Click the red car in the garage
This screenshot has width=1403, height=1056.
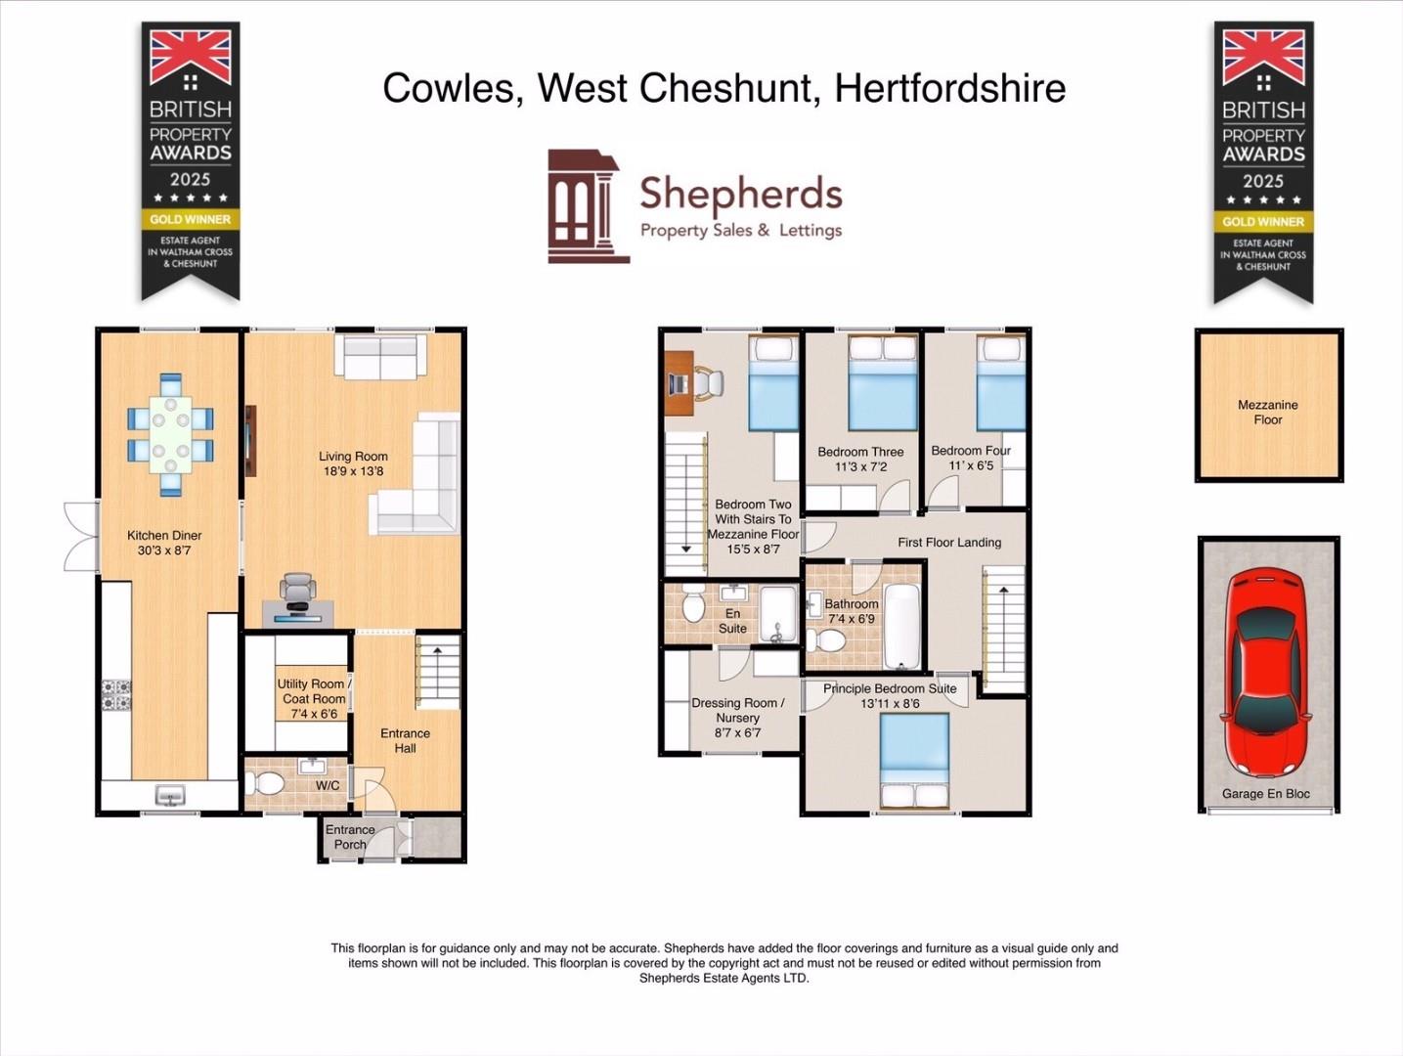pos(1267,674)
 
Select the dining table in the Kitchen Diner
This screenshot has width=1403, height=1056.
pos(170,434)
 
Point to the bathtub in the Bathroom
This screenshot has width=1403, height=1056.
pos(901,626)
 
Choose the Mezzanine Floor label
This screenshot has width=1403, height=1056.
pos(1267,412)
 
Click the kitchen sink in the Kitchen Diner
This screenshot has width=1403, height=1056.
pos(170,796)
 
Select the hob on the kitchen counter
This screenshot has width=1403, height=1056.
pos(116,694)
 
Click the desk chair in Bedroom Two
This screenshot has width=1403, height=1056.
pos(708,382)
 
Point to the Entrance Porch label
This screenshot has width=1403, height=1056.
pos(350,837)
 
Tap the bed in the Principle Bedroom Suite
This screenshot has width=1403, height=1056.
pos(915,761)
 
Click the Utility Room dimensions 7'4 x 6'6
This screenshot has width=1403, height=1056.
pos(313,714)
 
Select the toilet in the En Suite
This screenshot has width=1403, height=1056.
pos(693,606)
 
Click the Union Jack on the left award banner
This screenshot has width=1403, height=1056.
pos(191,57)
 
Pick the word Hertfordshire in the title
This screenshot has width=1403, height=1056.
pos(949,88)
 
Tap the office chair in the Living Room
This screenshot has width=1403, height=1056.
pos(298,591)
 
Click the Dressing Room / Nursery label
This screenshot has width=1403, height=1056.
pos(737,717)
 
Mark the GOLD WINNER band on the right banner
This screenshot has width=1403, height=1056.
pos(1263,221)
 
